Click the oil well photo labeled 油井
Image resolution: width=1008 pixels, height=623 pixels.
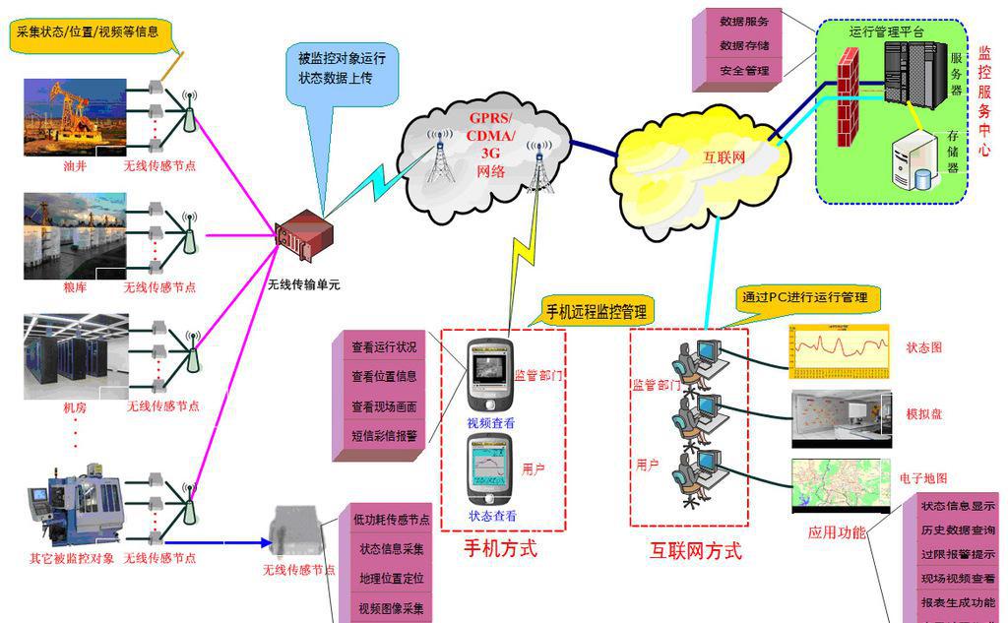pyautogui.click(x=76, y=117)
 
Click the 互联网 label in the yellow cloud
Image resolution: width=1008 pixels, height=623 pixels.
pyautogui.click(x=724, y=156)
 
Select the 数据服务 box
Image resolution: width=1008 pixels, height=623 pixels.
pyautogui.click(x=744, y=21)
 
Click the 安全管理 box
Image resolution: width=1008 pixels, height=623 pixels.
pyautogui.click(x=744, y=71)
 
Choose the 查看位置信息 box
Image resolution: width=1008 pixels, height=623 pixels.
pyautogui.click(x=384, y=376)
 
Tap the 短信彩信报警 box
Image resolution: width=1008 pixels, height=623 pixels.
pyautogui.click(x=384, y=434)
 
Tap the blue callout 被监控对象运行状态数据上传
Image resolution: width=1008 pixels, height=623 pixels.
pyautogui.click(x=342, y=68)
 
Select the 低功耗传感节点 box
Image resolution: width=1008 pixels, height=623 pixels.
pyautogui.click(x=391, y=520)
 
